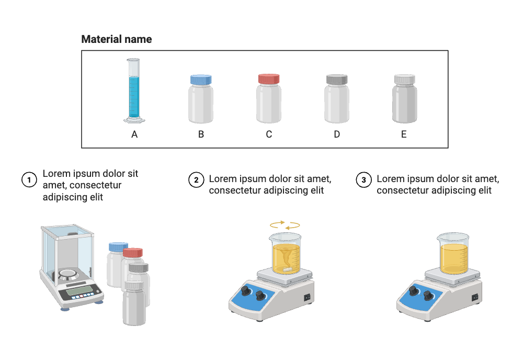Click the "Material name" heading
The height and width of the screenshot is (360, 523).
tap(117, 39)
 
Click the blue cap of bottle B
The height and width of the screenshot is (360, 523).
tap(201, 80)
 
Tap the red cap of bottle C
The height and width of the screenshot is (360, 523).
tap(269, 79)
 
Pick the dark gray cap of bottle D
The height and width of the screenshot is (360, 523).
tap(337, 80)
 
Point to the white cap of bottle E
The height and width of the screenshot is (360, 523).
tap(404, 80)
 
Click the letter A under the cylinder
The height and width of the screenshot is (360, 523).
tap(134, 134)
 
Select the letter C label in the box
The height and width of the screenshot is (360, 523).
tap(269, 134)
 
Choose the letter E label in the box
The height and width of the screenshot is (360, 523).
tap(404, 134)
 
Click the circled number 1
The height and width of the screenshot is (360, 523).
tap(29, 180)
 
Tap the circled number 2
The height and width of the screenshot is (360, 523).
tap(196, 180)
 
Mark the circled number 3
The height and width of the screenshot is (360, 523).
tap(363, 180)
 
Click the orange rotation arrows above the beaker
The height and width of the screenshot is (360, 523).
tap(285, 225)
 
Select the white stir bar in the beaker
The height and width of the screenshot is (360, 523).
tap(286, 269)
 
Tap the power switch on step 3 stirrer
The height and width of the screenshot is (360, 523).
tap(474, 297)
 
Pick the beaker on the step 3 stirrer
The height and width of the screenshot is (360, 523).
tap(453, 254)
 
